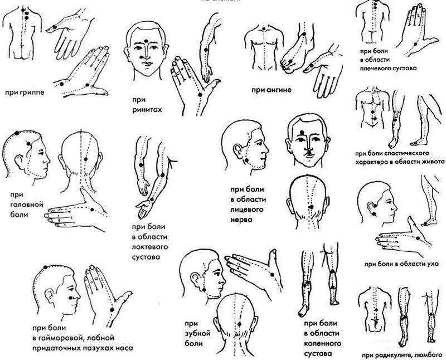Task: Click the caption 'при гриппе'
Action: (x=25, y=93)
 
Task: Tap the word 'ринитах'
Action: (x=147, y=110)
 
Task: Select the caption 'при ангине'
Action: (x=272, y=90)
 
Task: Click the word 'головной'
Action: (x=27, y=205)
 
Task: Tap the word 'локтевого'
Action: (x=150, y=247)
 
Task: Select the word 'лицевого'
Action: (x=246, y=210)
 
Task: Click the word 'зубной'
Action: (x=198, y=333)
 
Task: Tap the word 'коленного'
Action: (x=323, y=343)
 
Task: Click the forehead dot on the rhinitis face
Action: (x=146, y=41)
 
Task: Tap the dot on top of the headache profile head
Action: (x=17, y=133)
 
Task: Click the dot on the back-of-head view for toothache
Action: (x=239, y=324)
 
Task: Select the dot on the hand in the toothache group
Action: (x=272, y=275)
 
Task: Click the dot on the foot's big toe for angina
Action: (x=290, y=61)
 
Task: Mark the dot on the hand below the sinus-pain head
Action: (x=112, y=310)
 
